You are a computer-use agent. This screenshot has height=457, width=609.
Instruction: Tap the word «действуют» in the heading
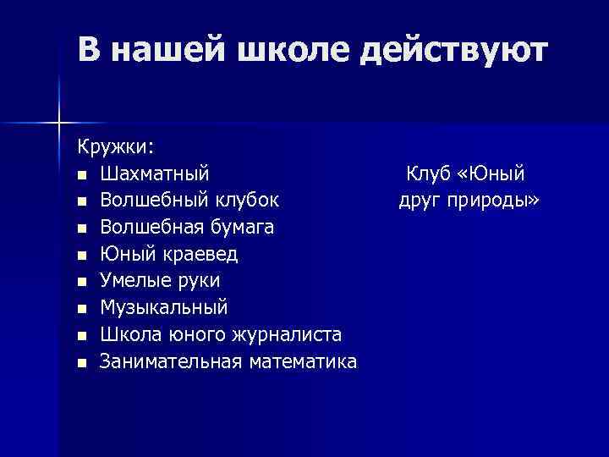click(x=453, y=52)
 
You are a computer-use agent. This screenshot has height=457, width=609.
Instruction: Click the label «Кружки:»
click(x=117, y=147)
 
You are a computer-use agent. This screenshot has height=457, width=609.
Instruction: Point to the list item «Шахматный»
click(x=155, y=174)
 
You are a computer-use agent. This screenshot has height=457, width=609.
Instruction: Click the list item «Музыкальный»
click(x=163, y=308)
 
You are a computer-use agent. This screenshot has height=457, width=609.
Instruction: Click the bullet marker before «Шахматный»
click(x=80, y=175)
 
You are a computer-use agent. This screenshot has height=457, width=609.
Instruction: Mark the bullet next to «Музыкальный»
click(x=80, y=310)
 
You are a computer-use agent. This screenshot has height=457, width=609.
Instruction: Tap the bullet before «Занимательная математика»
click(x=80, y=363)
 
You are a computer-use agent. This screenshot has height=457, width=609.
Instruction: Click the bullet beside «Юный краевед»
click(x=80, y=256)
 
